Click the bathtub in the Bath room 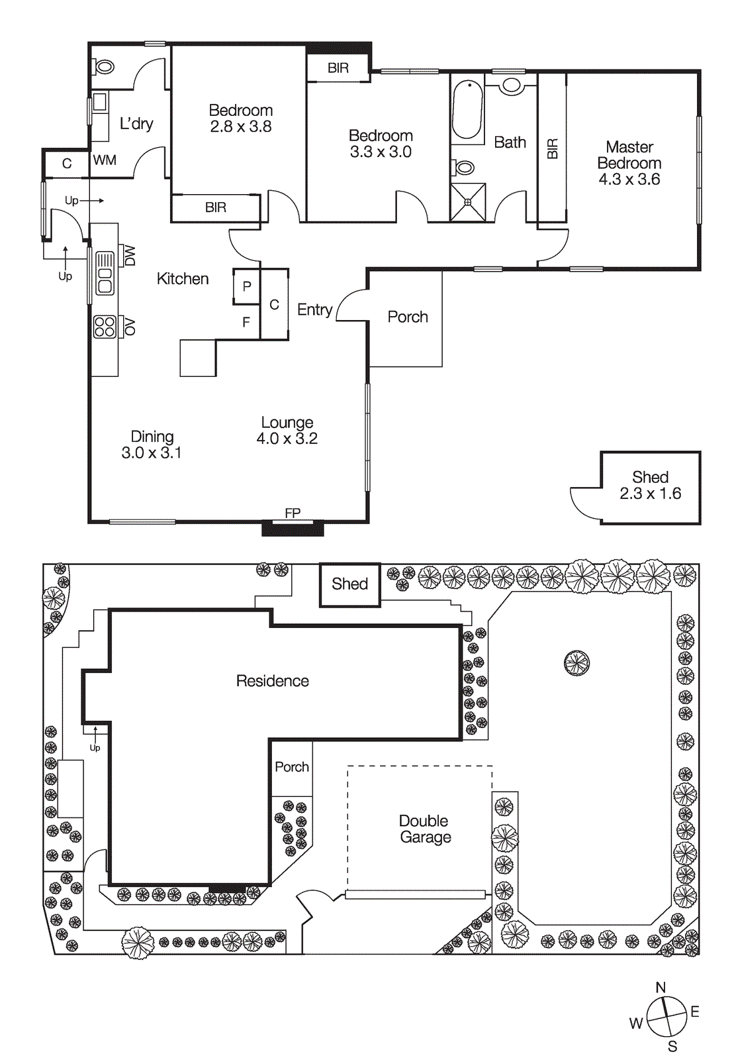(x=468, y=110)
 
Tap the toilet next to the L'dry (x=105, y=66)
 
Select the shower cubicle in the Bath (x=468, y=202)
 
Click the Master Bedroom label (x=629, y=163)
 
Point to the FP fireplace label (x=293, y=513)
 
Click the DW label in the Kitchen (x=130, y=256)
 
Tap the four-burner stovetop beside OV (x=105, y=327)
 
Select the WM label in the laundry (x=105, y=160)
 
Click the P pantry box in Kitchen (x=246, y=286)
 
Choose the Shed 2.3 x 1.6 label (x=650, y=485)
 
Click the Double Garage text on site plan (x=425, y=829)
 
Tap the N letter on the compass (x=661, y=987)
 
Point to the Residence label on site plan (x=273, y=681)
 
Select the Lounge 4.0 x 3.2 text (x=287, y=431)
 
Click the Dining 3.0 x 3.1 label (x=152, y=445)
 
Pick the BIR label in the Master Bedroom (x=553, y=148)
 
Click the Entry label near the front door (x=314, y=309)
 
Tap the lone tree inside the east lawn (x=576, y=662)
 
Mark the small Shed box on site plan (x=350, y=584)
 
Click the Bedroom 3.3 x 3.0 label (x=381, y=144)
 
